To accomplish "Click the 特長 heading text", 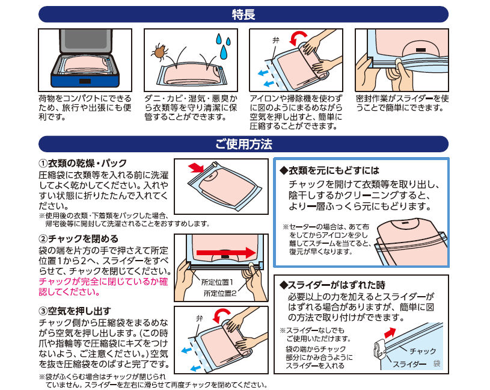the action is [243, 14].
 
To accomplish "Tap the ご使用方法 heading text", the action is [243, 144].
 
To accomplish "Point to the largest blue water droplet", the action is [223, 52].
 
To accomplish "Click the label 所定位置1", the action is [217, 282].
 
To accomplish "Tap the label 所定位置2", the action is [220, 293].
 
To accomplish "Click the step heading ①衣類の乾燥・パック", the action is [82, 163].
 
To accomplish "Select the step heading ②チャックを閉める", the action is [78, 239].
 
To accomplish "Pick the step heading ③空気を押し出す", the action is [75, 311].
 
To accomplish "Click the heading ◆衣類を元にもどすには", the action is [329, 170].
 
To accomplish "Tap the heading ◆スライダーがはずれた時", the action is [332, 285].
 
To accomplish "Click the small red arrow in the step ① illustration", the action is [196, 168].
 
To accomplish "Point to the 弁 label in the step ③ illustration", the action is [200, 318].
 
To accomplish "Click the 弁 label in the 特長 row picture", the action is [275, 40].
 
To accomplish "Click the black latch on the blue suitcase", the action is [85, 81].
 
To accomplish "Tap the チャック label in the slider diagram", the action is [423, 351].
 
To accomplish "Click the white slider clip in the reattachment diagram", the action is [379, 348].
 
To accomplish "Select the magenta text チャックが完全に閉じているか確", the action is [103, 282].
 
